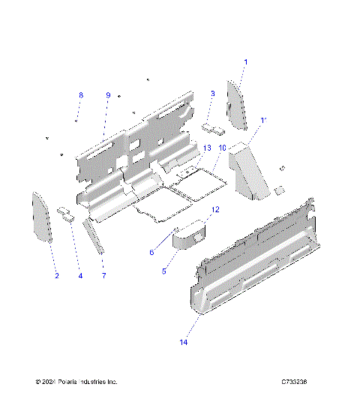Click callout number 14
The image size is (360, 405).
coord(182,342)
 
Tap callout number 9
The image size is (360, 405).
coord(108,95)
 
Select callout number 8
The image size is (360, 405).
coord(81,95)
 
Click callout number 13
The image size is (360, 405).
coord(208,148)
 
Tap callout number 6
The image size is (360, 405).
coord(151,252)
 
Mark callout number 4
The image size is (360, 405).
coord(80,276)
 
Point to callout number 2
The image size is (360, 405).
coord(55,276)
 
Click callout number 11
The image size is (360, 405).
coord(262,120)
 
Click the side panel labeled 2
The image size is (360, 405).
coord(41,217)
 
